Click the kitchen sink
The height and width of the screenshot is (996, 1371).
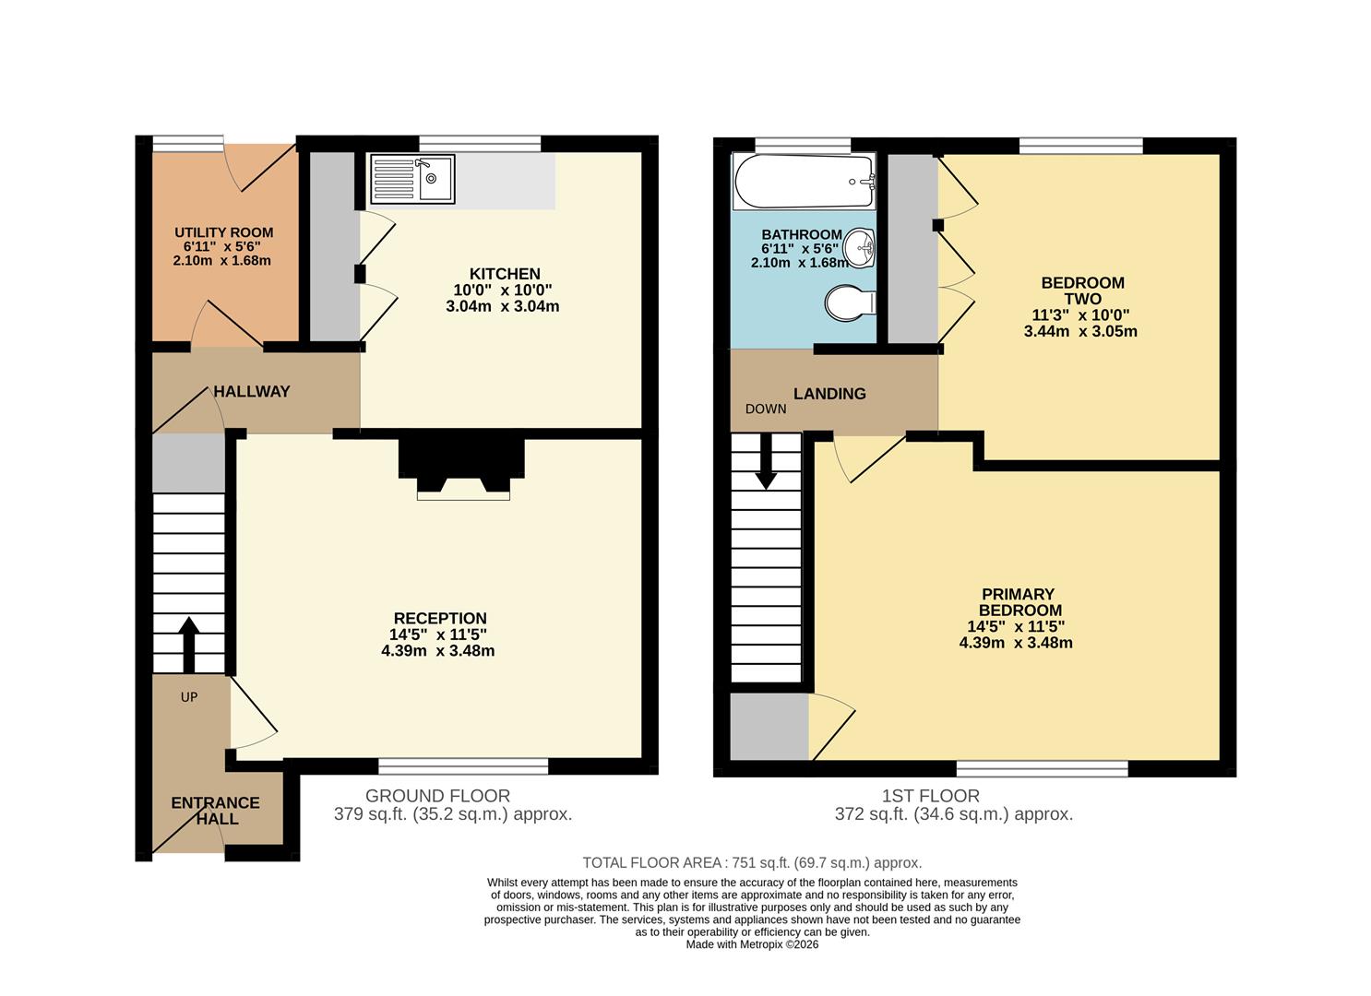(x=412, y=179)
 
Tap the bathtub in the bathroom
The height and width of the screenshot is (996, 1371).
(x=804, y=181)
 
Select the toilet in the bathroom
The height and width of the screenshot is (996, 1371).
(x=850, y=302)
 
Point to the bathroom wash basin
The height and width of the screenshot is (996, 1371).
(x=862, y=247)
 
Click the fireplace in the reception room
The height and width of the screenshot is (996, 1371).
(x=462, y=469)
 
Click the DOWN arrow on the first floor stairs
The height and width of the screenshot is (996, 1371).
(x=765, y=463)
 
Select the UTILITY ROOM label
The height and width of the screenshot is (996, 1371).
(x=223, y=232)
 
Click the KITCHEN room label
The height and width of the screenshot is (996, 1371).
(x=505, y=274)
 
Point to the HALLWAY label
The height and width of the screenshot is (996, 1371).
(x=251, y=391)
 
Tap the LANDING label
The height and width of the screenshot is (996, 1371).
(x=829, y=394)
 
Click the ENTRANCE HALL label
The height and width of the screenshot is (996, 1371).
(x=216, y=811)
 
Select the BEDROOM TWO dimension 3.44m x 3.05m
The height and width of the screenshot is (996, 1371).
(x=1080, y=331)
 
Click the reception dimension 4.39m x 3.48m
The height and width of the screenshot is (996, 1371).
(x=437, y=650)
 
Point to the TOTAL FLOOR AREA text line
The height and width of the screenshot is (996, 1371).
(x=752, y=863)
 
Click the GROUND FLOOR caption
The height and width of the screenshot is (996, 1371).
(x=437, y=796)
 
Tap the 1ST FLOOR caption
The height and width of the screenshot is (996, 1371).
(x=930, y=796)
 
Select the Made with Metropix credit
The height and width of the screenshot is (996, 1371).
(x=752, y=944)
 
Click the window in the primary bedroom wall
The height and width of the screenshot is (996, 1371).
(x=1042, y=768)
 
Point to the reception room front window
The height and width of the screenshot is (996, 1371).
(x=462, y=765)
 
